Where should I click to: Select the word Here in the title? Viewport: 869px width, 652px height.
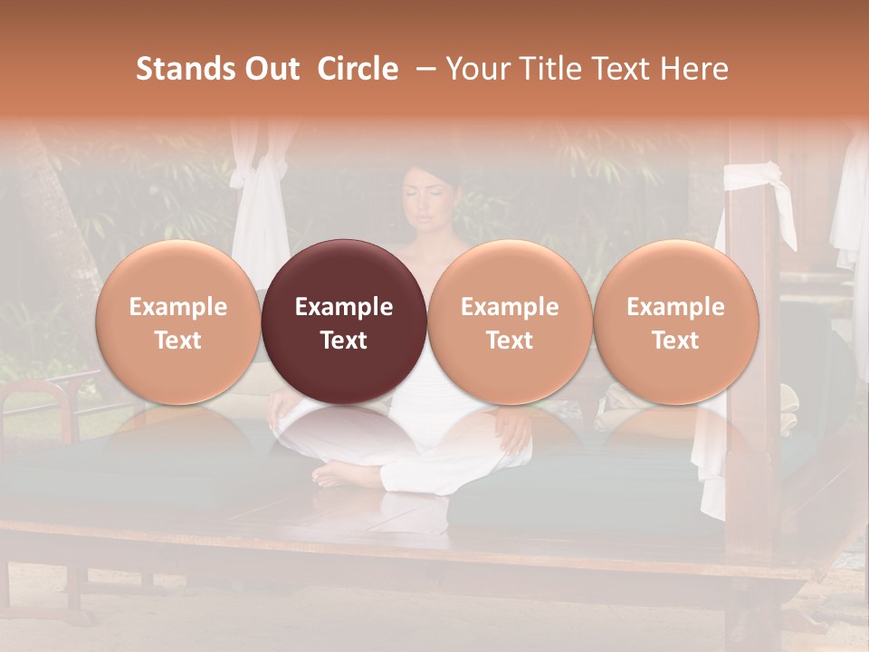point(694,69)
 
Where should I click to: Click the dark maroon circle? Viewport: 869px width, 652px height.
point(344,321)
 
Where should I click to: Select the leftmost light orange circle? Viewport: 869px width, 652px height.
point(178,321)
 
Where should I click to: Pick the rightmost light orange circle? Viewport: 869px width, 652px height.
point(675,321)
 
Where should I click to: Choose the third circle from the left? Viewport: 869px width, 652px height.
point(510,321)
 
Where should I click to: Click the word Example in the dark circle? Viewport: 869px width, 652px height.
point(344,307)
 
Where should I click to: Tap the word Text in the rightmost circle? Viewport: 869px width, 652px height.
point(675,340)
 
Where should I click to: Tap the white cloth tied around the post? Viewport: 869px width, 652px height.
point(759,181)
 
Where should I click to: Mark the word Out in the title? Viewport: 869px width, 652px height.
point(272,69)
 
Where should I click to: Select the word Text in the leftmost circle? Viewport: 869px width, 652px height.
point(178,340)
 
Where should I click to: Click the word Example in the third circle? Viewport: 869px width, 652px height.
point(510,307)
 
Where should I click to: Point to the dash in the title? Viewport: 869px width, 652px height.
point(423,69)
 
